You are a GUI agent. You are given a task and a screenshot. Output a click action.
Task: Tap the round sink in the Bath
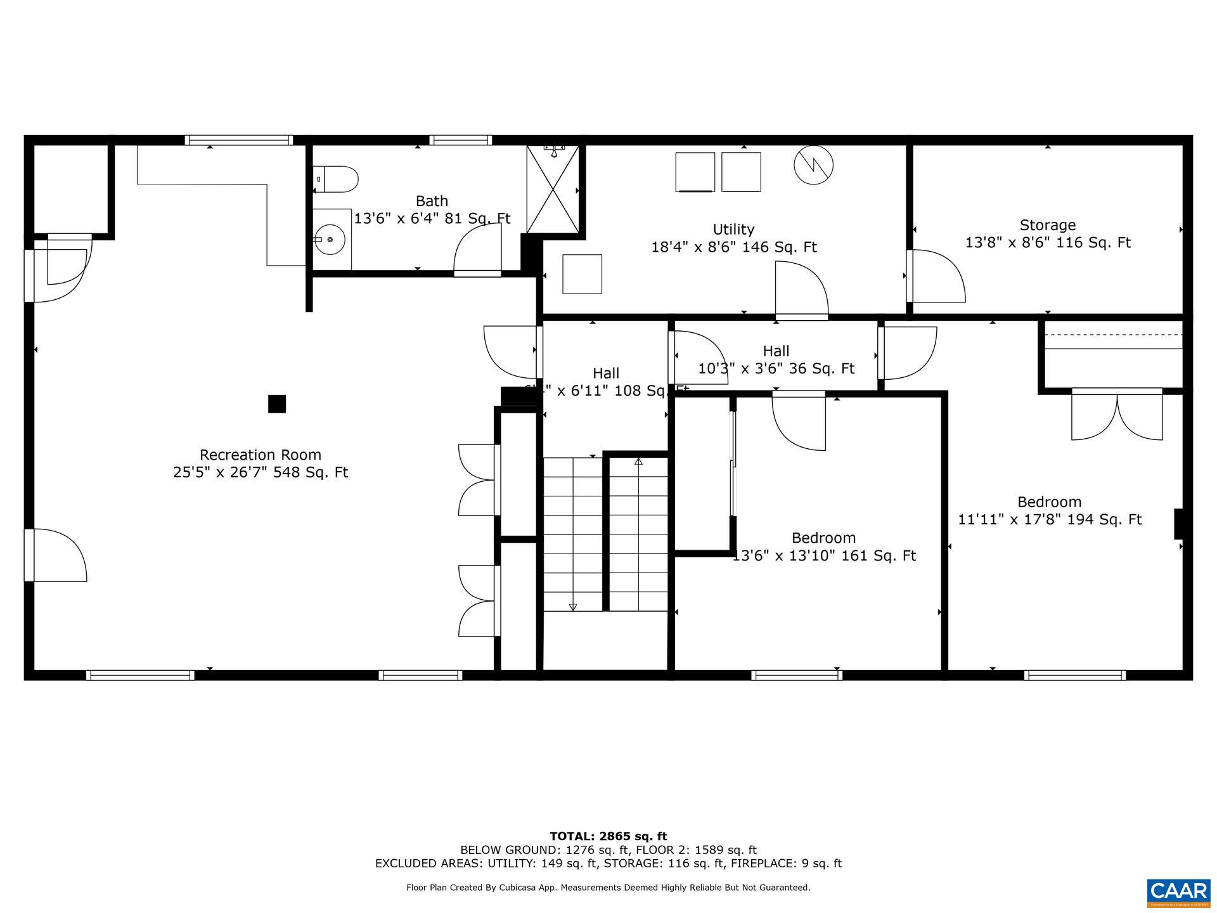[329, 240]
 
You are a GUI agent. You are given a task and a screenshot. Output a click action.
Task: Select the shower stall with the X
[553, 190]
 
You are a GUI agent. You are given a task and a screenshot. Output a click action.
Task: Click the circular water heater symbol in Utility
[813, 165]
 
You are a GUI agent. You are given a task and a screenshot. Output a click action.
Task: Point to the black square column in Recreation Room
[276, 404]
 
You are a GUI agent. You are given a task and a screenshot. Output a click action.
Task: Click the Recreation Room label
[260, 455]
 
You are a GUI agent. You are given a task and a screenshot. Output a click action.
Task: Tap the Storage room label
[1047, 225]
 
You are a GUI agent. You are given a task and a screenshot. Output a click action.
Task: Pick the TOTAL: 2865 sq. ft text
[608, 836]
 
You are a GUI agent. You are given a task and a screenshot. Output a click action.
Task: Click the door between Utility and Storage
[936, 276]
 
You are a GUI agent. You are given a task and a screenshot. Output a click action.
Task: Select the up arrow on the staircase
[638, 462]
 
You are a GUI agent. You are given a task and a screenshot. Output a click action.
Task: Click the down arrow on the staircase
[573, 607]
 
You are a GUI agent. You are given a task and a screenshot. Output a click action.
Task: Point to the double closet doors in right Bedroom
[1117, 415]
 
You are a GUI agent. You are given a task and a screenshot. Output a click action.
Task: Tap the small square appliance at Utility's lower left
[582, 274]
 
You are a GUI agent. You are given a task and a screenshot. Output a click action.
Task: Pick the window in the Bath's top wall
[460, 140]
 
